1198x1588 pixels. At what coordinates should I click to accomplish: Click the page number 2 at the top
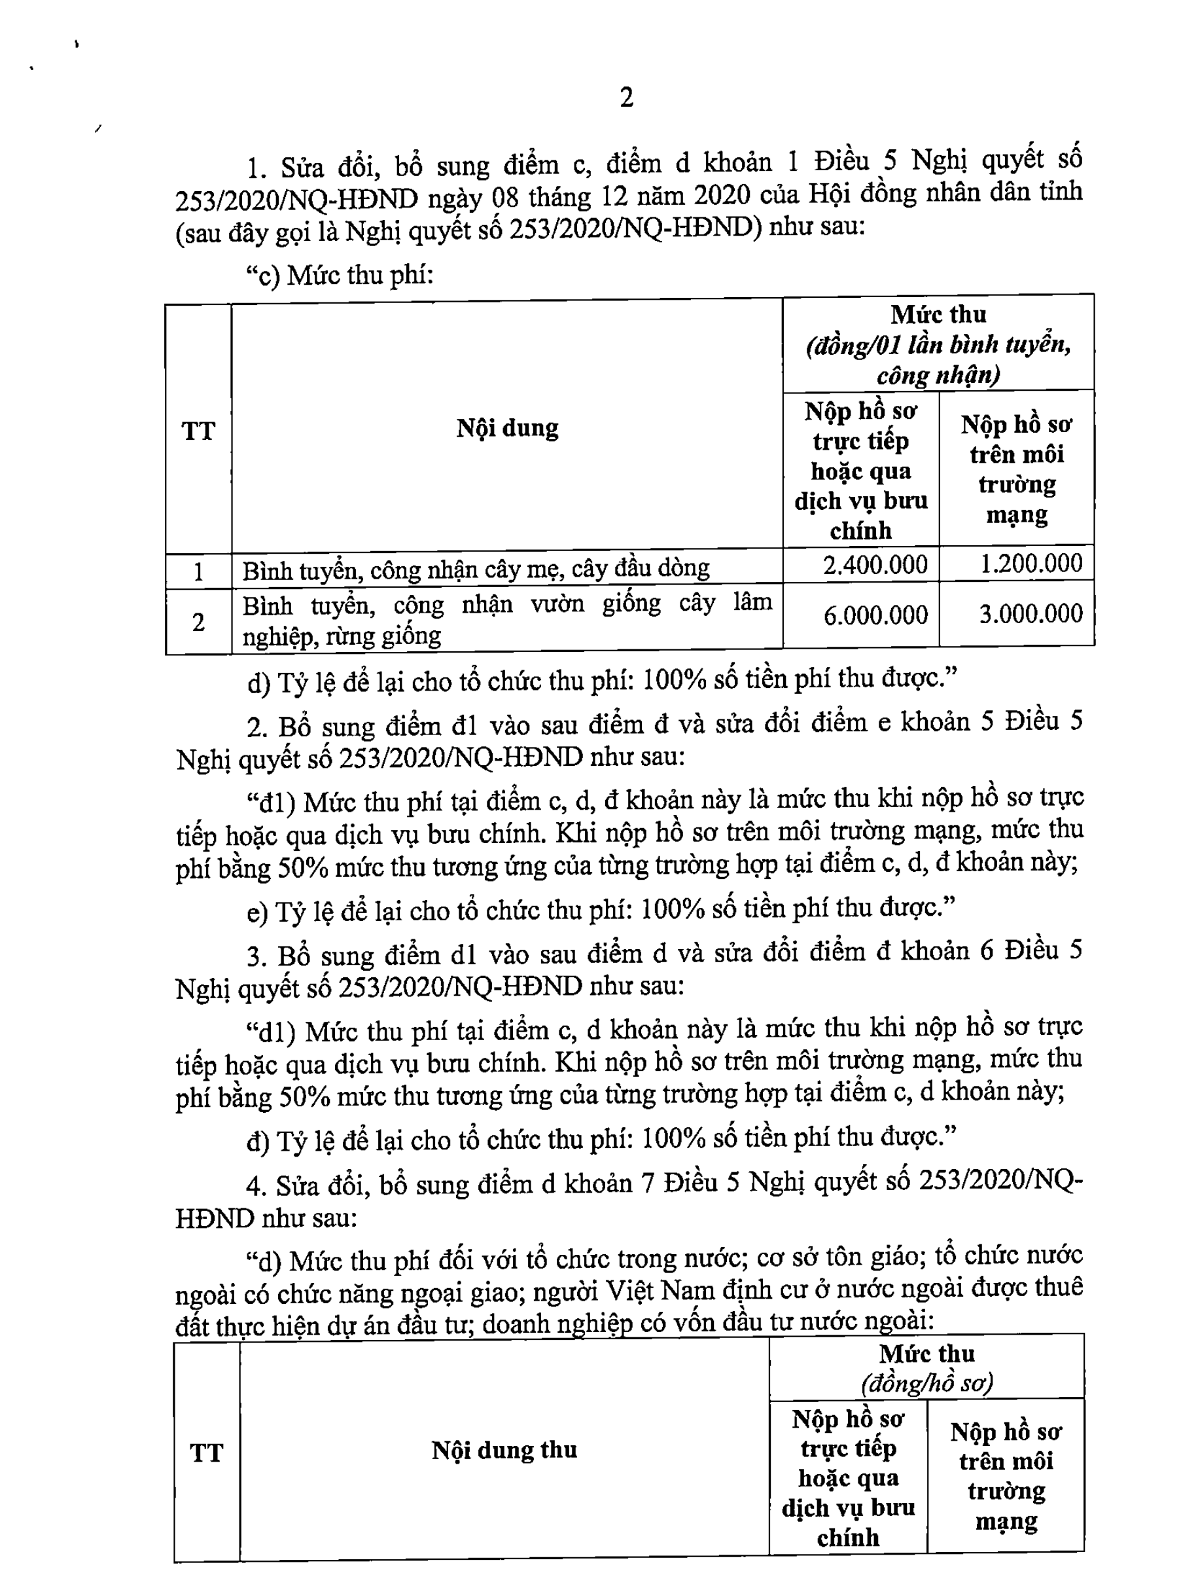(626, 98)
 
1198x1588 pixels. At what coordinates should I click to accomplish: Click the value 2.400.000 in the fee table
(875, 565)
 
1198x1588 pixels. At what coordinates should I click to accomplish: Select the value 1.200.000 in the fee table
(1031, 564)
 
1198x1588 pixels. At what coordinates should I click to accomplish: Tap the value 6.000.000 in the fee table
(875, 615)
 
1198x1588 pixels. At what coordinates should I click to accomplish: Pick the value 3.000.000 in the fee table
(1031, 614)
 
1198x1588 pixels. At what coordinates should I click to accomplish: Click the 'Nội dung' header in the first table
(507, 429)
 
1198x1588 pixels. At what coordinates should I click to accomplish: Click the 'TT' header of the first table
(198, 431)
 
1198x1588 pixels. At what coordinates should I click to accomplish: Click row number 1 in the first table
(198, 572)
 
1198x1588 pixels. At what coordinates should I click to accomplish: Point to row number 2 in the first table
(198, 622)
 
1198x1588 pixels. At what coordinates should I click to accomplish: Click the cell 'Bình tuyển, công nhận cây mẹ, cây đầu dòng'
(475, 569)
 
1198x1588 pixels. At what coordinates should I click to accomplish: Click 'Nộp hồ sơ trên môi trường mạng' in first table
(1016, 469)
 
